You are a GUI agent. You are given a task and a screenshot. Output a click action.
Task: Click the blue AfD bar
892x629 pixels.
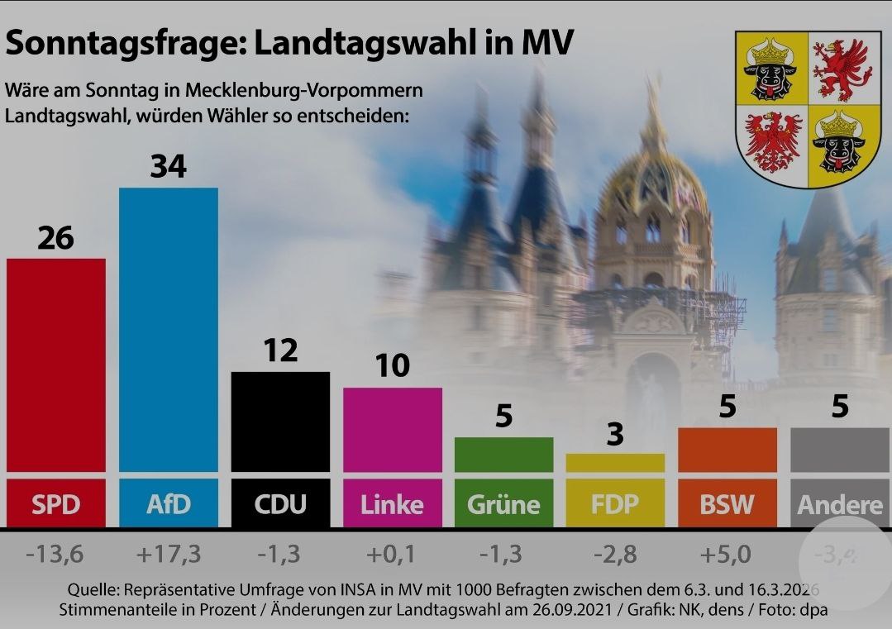pyautogui.click(x=169, y=331)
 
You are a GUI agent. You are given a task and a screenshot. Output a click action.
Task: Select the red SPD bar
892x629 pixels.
pyautogui.click(x=56, y=364)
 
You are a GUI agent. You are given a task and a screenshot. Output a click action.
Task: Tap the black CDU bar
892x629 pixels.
pyautogui.click(x=280, y=422)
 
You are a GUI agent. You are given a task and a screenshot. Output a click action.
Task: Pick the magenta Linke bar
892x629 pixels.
pyautogui.click(x=393, y=430)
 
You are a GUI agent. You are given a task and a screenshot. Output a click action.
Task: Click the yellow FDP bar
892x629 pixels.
pyautogui.click(x=615, y=463)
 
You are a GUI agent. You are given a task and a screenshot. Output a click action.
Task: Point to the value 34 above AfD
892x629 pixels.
pyautogui.click(x=169, y=167)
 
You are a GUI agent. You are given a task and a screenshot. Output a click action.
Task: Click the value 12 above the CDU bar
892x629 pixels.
pyautogui.click(x=280, y=351)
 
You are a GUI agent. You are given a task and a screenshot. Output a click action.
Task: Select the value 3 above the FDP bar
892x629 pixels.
pyautogui.click(x=615, y=435)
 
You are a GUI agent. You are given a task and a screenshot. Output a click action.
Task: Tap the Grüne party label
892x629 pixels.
pyautogui.click(x=503, y=504)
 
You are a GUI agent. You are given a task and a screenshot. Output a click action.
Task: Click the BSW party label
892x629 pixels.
pyautogui.click(x=727, y=504)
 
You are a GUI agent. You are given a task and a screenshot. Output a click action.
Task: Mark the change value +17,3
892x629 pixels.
pyautogui.click(x=169, y=555)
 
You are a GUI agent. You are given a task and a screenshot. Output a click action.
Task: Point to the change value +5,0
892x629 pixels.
pyautogui.click(x=727, y=555)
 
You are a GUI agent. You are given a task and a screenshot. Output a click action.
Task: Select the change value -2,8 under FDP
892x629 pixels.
pyautogui.click(x=615, y=555)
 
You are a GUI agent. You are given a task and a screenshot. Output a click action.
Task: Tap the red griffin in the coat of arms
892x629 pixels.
pyautogui.click(x=841, y=69)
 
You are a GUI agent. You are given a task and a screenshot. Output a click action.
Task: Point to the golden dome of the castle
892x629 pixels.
pyautogui.click(x=653, y=178)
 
